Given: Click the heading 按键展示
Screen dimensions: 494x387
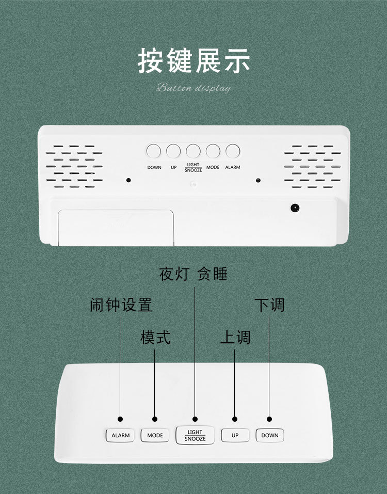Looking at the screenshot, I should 193,61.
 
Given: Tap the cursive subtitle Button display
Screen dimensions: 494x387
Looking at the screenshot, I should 193,88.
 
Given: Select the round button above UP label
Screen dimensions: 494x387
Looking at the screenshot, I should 173,151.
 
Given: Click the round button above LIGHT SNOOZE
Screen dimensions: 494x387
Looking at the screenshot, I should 193,151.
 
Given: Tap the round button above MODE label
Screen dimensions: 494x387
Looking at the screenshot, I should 213,151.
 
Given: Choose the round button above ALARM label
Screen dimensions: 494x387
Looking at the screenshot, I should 233,151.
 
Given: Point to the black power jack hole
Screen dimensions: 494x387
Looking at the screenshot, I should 295,208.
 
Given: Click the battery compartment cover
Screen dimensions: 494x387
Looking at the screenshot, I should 116,227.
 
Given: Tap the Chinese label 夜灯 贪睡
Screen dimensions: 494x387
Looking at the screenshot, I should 193,274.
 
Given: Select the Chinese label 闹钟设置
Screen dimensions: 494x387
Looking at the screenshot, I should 121,305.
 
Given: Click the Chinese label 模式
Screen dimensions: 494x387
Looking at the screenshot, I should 155,338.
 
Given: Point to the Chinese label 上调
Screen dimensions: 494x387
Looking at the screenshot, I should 235,338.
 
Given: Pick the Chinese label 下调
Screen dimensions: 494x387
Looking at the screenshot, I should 269,305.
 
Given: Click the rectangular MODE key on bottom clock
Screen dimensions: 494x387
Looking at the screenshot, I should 155,435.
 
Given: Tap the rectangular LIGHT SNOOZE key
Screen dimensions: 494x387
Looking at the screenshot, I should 195,435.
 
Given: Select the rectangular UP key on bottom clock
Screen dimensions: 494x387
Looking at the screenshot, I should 235,435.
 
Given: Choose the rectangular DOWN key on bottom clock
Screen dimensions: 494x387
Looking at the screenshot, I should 269,435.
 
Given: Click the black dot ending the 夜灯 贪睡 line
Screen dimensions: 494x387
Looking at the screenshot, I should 195,419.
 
